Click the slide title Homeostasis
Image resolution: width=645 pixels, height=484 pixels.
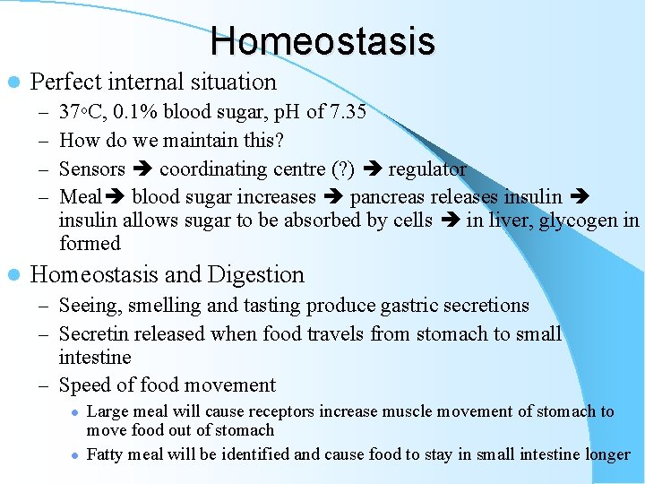point(322,41)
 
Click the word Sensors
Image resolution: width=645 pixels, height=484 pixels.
point(92,169)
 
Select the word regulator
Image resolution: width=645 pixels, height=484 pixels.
point(427,169)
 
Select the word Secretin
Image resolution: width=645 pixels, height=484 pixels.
point(94,334)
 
